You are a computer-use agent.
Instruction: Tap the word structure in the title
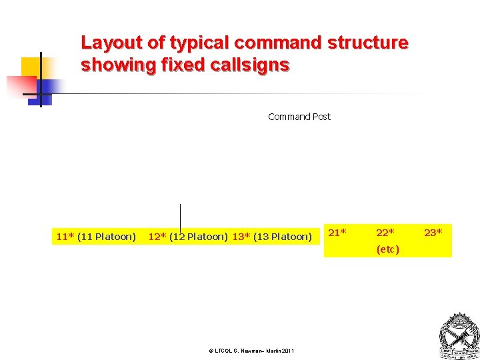368,43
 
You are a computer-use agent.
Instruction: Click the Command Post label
299,117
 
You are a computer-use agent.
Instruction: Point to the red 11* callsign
65,236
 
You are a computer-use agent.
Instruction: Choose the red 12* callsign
157,236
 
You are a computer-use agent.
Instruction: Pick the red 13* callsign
241,236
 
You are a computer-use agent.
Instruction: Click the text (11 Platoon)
107,236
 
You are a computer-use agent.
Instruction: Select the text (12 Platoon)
198,236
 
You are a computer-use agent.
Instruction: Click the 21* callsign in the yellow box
337,233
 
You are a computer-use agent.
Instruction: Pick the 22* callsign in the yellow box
385,233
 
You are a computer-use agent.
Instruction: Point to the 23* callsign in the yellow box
433,233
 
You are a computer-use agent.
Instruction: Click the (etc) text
388,249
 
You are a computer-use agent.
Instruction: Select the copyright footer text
251,351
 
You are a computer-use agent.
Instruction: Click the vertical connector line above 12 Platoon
180,217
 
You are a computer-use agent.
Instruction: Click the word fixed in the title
179,65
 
